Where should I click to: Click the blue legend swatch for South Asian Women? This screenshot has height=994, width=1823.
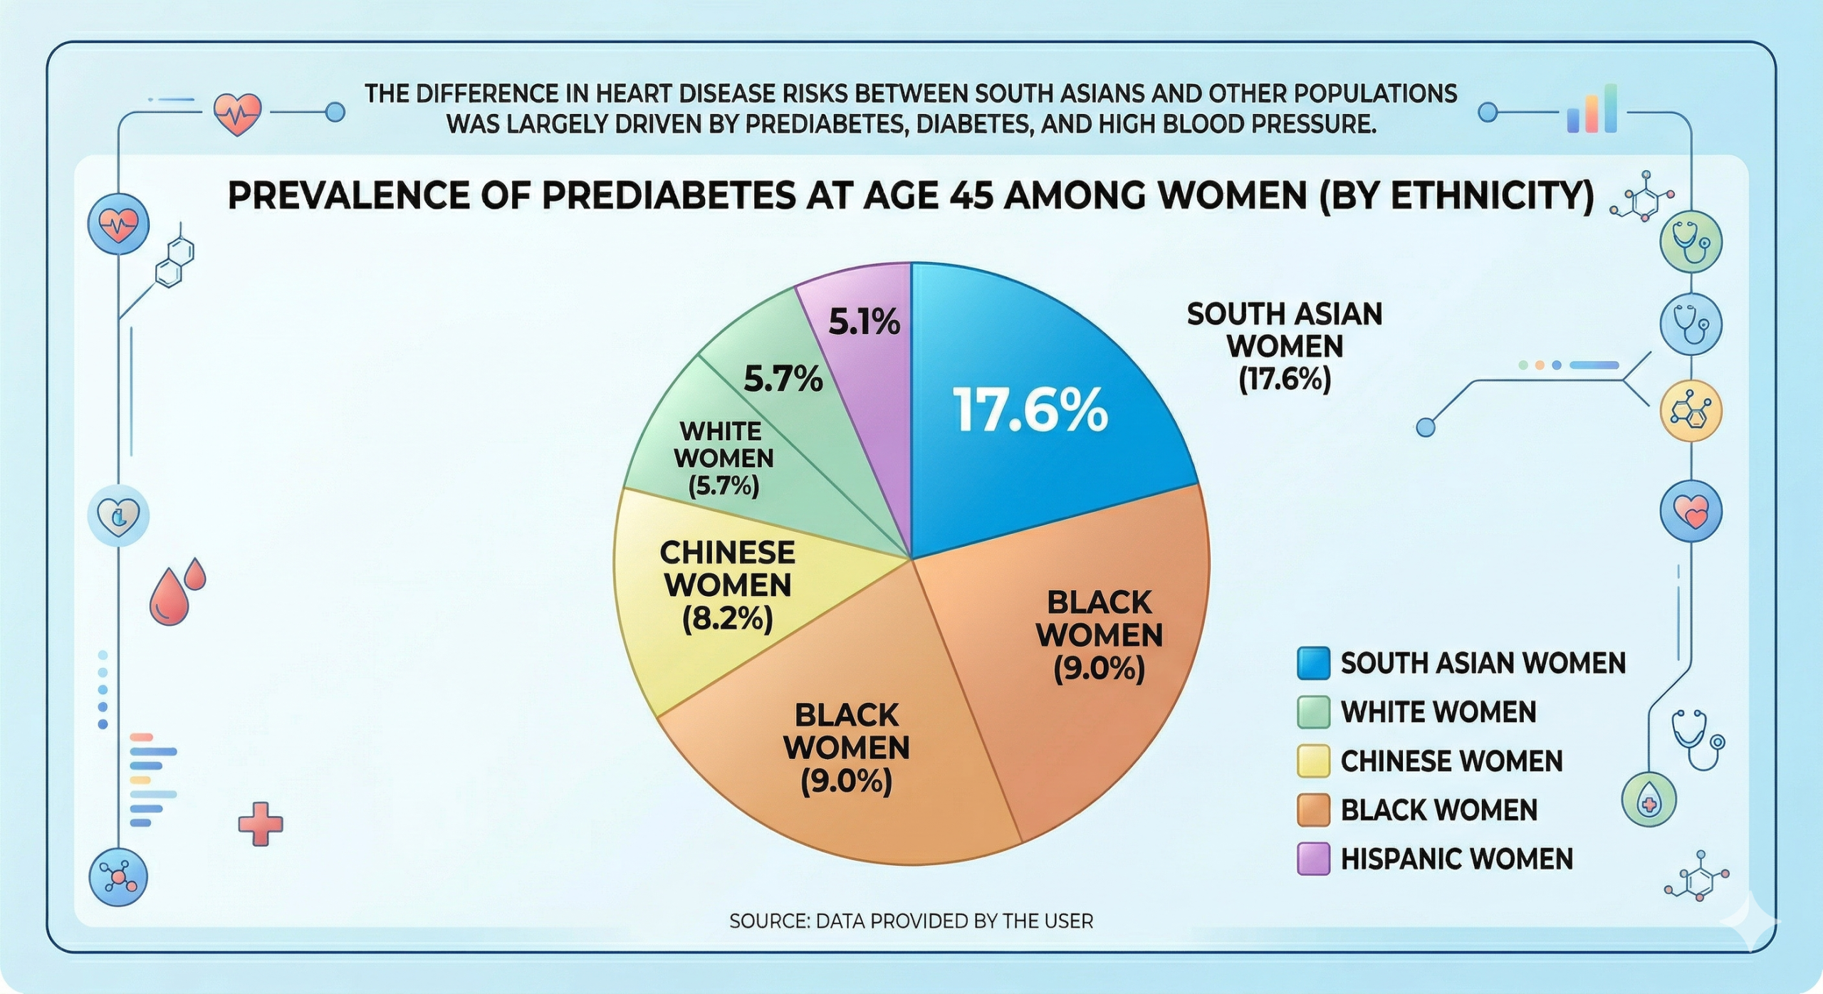click(x=1313, y=663)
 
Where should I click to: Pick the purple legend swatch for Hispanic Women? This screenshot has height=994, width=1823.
click(x=1313, y=859)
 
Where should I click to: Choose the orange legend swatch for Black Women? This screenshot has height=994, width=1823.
click(x=1313, y=810)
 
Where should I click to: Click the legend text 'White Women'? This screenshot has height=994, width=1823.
click(x=1438, y=712)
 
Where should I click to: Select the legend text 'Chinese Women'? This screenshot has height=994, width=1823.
click(x=1451, y=761)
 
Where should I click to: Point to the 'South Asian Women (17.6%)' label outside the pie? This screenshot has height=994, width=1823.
click(x=1284, y=347)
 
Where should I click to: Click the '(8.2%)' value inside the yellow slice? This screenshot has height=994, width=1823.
click(x=727, y=619)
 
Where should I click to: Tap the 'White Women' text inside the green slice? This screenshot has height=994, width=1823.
click(x=723, y=445)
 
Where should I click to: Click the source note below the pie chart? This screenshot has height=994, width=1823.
click(x=911, y=921)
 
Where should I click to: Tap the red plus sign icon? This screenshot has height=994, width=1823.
click(x=260, y=824)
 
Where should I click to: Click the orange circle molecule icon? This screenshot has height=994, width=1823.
click(x=1691, y=411)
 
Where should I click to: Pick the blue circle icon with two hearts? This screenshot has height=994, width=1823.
click(x=1691, y=511)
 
